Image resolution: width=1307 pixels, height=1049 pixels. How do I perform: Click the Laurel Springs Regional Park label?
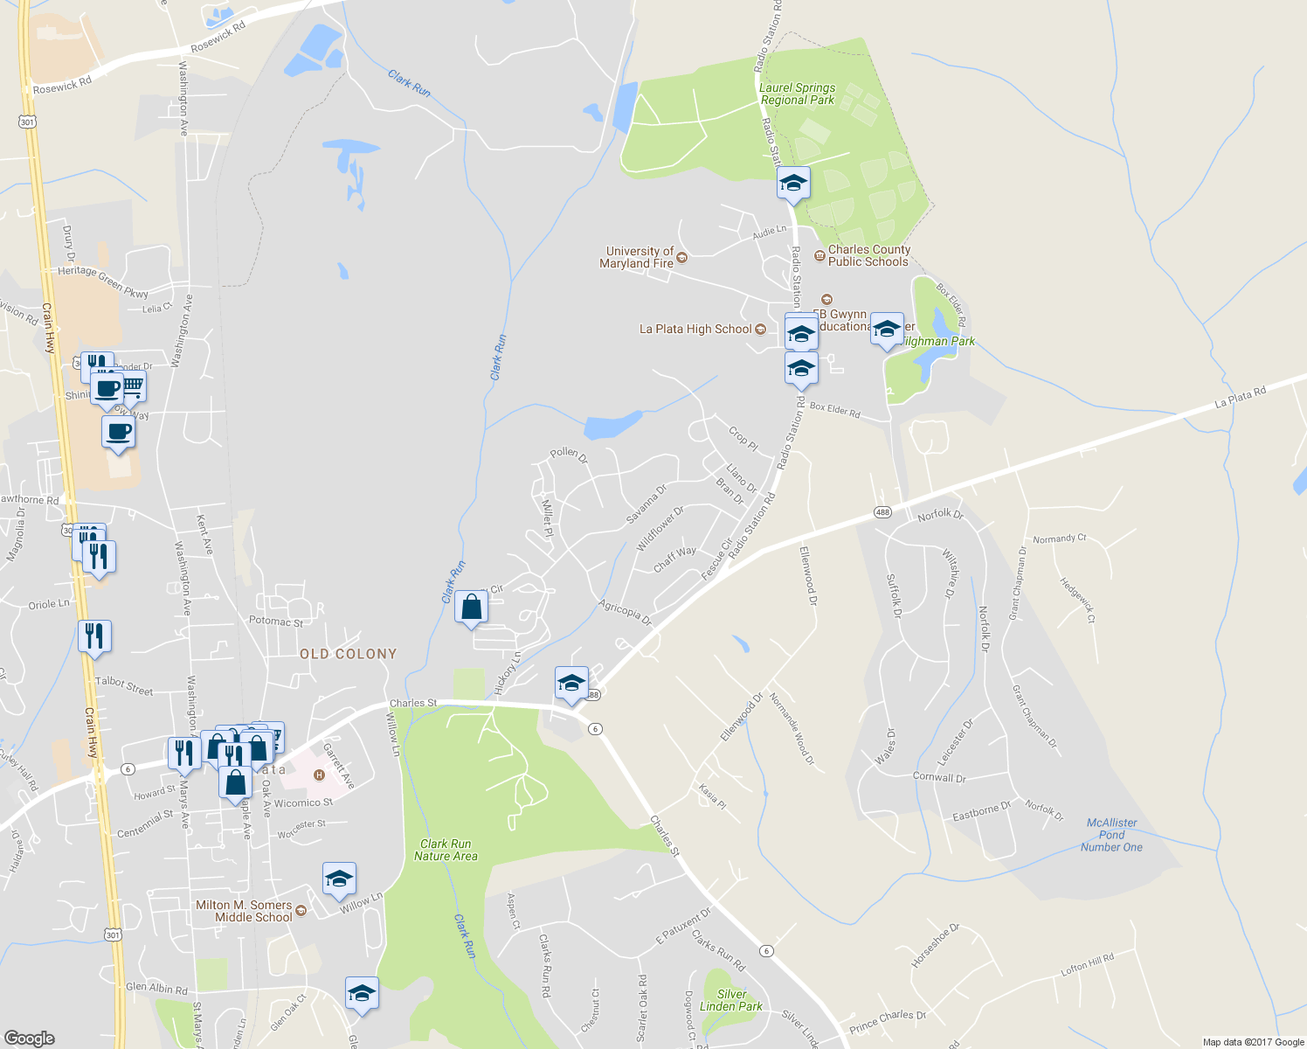click(x=797, y=94)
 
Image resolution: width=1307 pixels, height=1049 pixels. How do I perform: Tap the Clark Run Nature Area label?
click(x=446, y=850)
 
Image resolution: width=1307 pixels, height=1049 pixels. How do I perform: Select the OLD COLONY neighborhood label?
click(x=348, y=654)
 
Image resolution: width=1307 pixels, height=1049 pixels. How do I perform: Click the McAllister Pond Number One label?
click(x=1111, y=835)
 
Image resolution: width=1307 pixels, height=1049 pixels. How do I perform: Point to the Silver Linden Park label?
click(x=731, y=1000)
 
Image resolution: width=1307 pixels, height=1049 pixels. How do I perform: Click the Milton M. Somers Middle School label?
click(x=244, y=911)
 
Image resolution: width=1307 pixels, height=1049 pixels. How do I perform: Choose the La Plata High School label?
click(x=695, y=330)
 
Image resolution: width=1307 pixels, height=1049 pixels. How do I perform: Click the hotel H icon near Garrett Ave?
click(x=319, y=775)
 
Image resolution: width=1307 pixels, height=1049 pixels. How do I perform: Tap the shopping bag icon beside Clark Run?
click(x=471, y=607)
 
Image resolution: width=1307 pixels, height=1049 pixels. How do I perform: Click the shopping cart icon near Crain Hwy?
click(x=132, y=385)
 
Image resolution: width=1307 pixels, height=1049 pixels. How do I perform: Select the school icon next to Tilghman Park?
click(x=887, y=330)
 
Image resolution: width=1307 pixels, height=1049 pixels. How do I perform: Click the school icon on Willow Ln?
click(x=339, y=879)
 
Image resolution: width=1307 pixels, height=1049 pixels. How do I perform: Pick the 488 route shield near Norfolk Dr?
click(x=882, y=511)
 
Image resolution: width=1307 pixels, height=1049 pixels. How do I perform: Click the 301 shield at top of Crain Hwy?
click(x=27, y=122)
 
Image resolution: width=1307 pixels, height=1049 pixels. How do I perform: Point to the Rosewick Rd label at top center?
click(x=218, y=38)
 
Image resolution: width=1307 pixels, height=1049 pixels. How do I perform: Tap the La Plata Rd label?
click(x=1240, y=398)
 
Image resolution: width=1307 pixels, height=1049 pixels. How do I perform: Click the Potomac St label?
click(x=276, y=622)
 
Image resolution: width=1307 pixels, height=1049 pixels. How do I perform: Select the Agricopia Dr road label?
click(x=626, y=613)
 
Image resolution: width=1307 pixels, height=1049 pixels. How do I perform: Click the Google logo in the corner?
click(x=30, y=1039)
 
